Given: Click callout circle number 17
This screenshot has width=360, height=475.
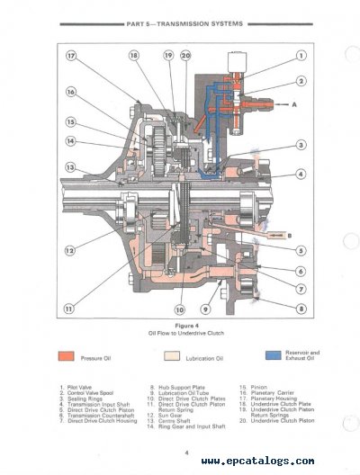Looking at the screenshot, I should pyautogui.click(x=71, y=57).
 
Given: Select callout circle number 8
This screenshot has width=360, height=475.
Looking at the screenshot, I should pyautogui.click(x=300, y=309).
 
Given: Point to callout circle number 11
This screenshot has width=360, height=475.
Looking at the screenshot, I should pyautogui.click(x=69, y=309).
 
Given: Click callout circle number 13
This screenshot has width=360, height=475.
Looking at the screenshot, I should pyautogui.click(x=69, y=167).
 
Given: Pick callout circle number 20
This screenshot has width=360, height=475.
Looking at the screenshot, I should pyautogui.click(x=185, y=57).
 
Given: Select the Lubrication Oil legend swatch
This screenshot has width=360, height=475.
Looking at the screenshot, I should pyautogui.click(x=172, y=355).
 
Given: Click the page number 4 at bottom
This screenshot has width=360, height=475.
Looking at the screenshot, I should pyautogui.click(x=184, y=452).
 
